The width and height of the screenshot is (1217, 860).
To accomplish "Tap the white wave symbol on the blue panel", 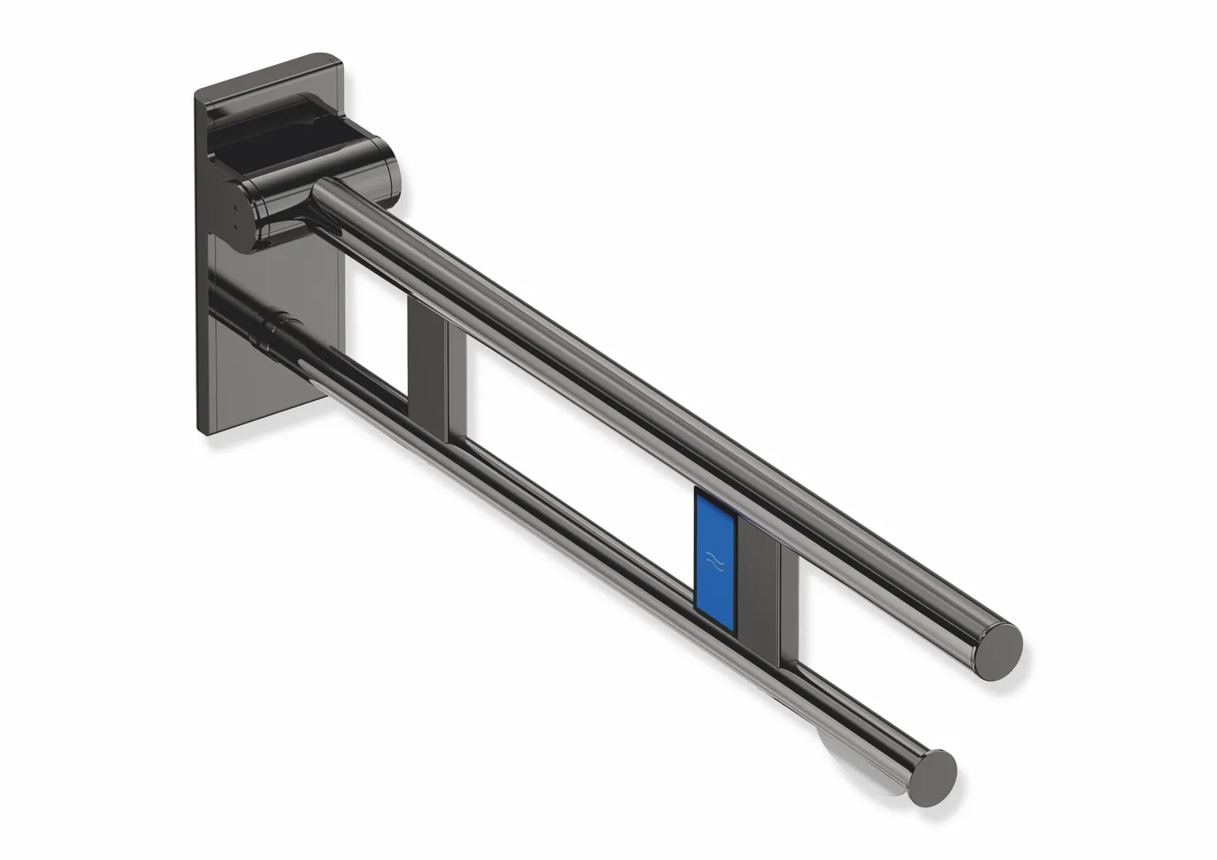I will tap(714, 558).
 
